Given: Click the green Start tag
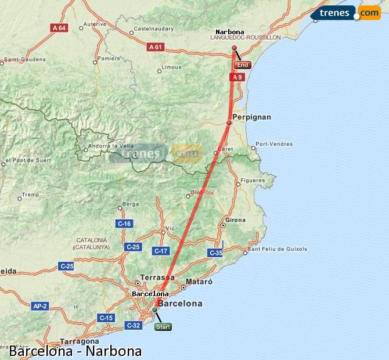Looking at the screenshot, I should (x=163, y=327).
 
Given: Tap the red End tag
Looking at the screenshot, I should (x=243, y=65).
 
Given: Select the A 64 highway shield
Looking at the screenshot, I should (x=59, y=27).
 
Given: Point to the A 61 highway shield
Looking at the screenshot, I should (x=155, y=47).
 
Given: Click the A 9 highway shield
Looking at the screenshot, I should (x=236, y=77).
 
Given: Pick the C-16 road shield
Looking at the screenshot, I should (x=124, y=224).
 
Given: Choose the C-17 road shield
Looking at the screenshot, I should (x=161, y=251).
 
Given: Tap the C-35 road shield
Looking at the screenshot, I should (x=215, y=253).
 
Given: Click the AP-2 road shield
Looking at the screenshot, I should (x=40, y=305).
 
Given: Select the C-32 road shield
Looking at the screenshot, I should (x=133, y=325).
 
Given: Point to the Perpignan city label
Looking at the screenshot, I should (x=251, y=117).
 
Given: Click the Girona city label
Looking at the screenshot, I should (x=236, y=220).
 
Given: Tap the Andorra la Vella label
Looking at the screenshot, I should (x=111, y=146).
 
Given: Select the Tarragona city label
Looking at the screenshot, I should (x=78, y=341).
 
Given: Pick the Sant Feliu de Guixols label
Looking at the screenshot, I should (x=278, y=250).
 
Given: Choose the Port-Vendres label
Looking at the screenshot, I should (x=274, y=144).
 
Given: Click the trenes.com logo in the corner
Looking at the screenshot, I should (x=346, y=12).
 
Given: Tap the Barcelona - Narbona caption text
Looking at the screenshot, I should (x=75, y=351).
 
